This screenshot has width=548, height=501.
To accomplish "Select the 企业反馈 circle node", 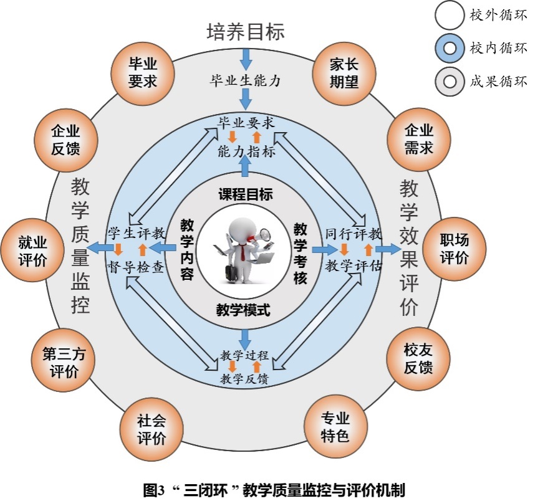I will tap(65, 140).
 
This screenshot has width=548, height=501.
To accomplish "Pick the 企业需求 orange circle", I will tap(419, 140).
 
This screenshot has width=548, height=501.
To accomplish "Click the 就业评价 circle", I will tap(33, 251).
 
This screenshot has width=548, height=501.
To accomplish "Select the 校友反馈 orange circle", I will tap(418, 358).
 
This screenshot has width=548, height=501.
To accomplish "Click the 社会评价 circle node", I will tap(151, 429).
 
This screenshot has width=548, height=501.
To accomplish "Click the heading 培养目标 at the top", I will tap(245, 31).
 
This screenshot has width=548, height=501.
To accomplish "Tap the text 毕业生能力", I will tap(245, 80).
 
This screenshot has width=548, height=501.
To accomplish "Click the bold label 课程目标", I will tap(245, 194).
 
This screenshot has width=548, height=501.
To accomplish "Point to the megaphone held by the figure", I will tap(263, 236).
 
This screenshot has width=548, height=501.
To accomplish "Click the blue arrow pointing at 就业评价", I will tap(97, 249).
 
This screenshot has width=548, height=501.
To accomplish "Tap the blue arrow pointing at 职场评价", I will tap(387, 249).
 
